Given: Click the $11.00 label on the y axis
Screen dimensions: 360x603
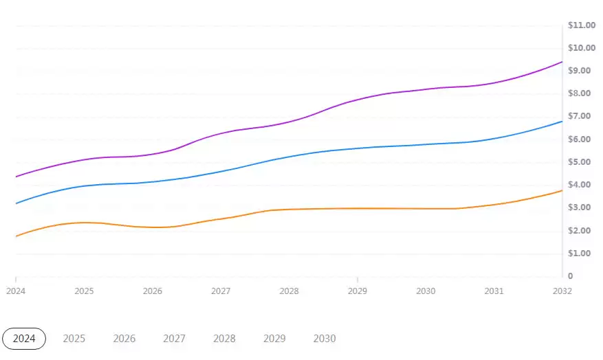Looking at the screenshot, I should (x=581, y=25).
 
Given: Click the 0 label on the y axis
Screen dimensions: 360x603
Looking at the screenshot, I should (x=571, y=276).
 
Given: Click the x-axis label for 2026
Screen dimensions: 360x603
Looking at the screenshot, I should (x=153, y=291).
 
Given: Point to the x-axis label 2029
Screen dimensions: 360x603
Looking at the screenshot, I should (x=358, y=291).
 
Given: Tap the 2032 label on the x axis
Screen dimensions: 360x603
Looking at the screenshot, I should (x=562, y=291).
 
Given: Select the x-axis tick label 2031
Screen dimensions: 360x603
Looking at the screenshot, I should (x=494, y=291).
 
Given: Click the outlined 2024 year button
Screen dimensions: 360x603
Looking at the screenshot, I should (x=24, y=339).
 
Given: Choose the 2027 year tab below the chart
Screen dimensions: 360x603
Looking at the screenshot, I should (x=174, y=339).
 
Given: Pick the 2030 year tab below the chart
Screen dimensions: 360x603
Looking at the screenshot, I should (x=325, y=339).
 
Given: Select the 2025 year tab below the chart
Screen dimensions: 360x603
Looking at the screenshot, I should (x=74, y=339).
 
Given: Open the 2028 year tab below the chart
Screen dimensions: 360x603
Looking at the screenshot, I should (x=224, y=339).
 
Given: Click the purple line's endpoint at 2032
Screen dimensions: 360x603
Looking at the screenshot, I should (x=562, y=62).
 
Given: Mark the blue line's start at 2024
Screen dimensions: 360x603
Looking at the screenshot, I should (x=16, y=203).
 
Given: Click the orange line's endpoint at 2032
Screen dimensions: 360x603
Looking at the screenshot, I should (x=562, y=190).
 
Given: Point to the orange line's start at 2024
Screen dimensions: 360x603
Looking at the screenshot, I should (x=16, y=236).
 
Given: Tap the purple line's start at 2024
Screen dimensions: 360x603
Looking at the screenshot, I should (x=16, y=177).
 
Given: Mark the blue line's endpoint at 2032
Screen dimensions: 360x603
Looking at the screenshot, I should (x=562, y=122).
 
